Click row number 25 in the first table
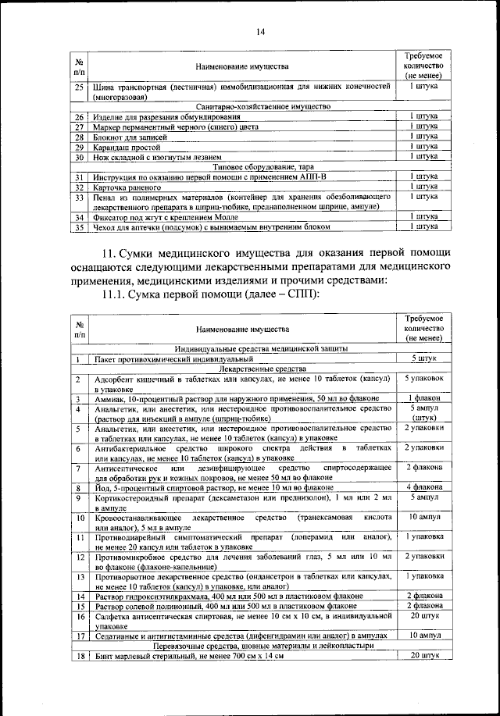79,87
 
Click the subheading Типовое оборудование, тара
243,166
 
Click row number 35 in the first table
79,227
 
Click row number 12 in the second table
79,557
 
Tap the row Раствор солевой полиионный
227,606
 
